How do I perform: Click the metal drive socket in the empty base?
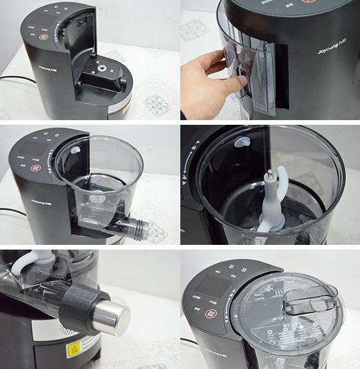(101, 69)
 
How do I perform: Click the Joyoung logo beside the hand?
(331, 50)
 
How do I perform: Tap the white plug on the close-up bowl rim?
(242, 142)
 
